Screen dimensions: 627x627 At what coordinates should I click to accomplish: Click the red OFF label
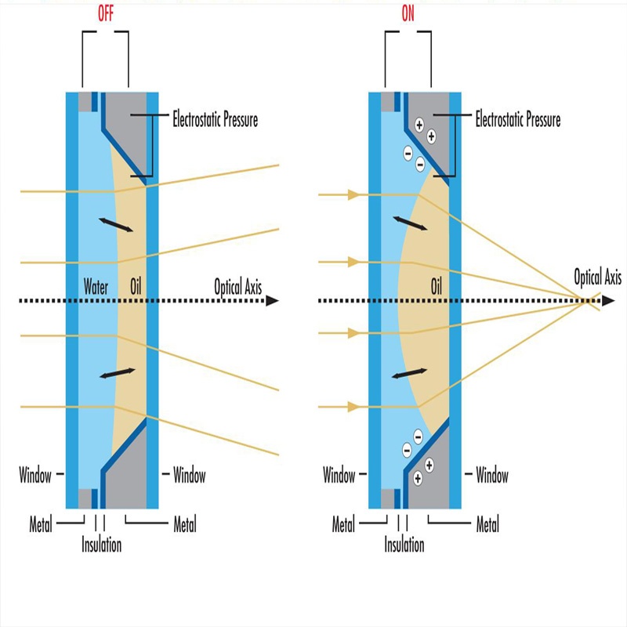[x=104, y=13]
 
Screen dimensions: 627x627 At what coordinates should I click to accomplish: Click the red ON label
[x=408, y=13]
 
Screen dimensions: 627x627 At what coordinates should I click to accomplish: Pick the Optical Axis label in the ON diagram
[x=598, y=276]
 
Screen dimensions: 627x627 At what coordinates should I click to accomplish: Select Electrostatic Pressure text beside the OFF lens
[x=215, y=120]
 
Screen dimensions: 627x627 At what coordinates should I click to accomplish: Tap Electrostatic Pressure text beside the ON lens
[x=518, y=120]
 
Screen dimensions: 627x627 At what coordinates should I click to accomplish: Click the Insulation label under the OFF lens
[x=102, y=545]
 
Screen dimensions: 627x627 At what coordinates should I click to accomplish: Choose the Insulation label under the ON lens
[x=404, y=545]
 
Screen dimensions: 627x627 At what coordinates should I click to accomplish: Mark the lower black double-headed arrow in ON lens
[x=410, y=373]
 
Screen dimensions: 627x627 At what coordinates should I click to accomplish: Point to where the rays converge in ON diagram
[x=586, y=299]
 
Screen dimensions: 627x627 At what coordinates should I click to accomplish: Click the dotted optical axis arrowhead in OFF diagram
[x=272, y=300]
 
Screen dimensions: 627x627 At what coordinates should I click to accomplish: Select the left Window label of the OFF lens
[x=35, y=475]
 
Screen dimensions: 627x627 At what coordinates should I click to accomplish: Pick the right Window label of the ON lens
[x=492, y=475]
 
